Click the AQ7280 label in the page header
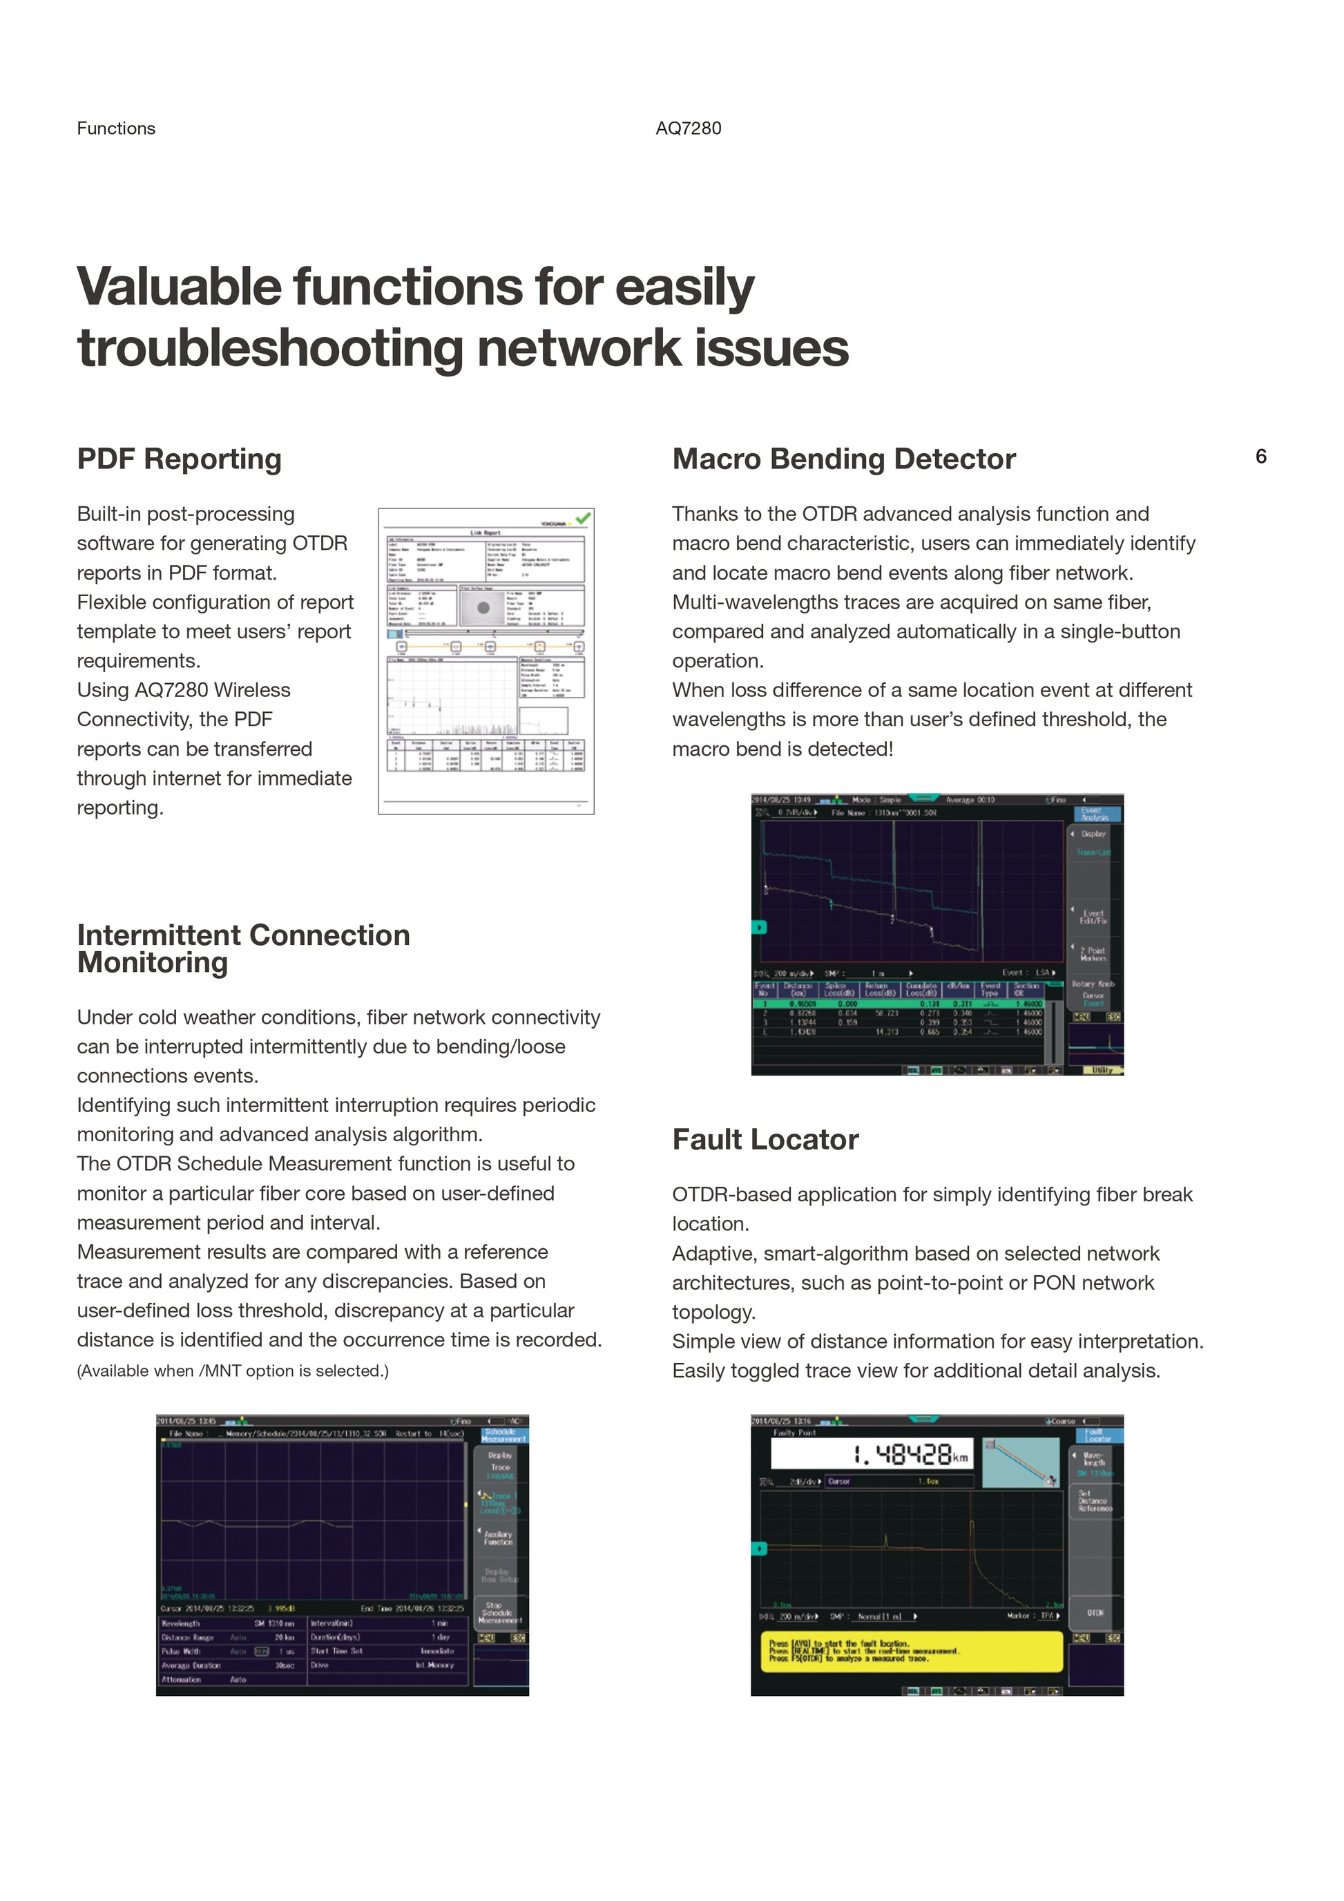pos(688,128)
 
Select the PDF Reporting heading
pos(179,459)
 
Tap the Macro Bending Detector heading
pos(843,459)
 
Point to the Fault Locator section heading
pos(765,1139)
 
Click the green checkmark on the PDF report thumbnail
pos(584,518)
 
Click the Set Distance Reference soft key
pos(1094,1501)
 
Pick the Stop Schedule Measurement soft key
pos(499,1612)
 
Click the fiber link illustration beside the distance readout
pos(1019,1462)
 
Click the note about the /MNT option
pos(233,1370)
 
